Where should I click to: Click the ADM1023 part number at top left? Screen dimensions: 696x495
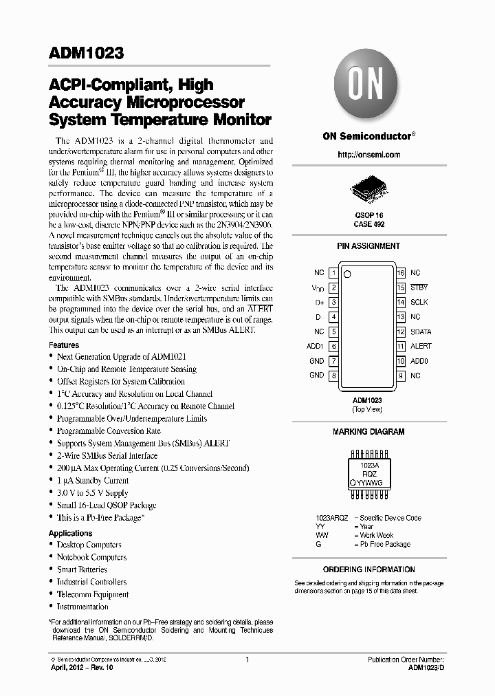tap(86, 52)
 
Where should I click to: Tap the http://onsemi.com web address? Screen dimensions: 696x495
tap(368, 155)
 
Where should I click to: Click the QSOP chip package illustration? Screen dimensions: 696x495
tap(368, 188)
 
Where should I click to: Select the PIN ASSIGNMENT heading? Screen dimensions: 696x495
tap(368, 246)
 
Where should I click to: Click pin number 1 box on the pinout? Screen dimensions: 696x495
tap(333, 273)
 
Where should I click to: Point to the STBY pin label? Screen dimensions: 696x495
tap(419, 287)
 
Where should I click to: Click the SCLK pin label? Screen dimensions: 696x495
tap(419, 302)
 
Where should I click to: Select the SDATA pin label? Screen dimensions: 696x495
tap(421, 331)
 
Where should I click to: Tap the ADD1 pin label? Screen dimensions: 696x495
tap(315, 347)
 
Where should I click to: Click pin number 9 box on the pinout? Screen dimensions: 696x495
tap(400, 376)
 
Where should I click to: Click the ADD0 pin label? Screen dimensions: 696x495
tap(419, 361)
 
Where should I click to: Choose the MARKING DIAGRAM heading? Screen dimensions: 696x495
tap(368, 432)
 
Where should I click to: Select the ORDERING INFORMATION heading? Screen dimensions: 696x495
tap(368, 569)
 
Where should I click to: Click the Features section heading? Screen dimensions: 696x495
tap(64, 345)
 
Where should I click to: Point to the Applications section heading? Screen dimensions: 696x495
tap(71, 533)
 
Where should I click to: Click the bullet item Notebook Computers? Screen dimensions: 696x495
tap(91, 557)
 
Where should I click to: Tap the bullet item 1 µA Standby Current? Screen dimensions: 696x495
tap(92, 481)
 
